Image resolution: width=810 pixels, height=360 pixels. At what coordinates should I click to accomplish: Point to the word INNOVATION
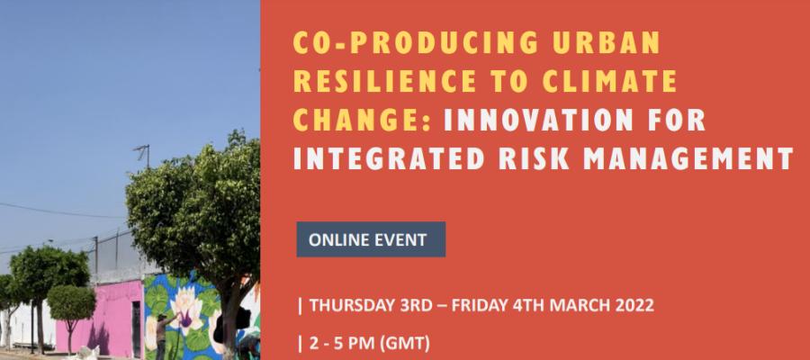[x=537, y=120]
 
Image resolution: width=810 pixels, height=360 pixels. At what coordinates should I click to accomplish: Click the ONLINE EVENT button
[x=371, y=239]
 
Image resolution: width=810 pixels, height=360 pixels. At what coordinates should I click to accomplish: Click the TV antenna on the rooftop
[x=143, y=155]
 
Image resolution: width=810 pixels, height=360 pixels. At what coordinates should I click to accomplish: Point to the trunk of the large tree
[x=229, y=320]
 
